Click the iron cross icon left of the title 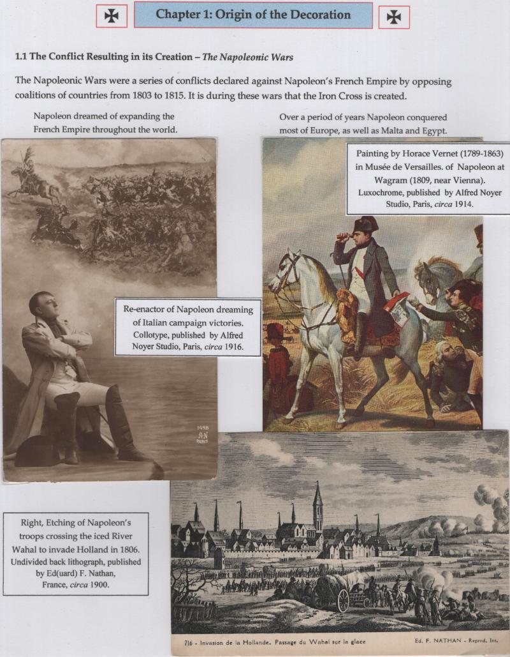click(x=112, y=17)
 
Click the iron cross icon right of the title click(x=394, y=17)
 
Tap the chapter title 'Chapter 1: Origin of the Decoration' click(x=253, y=14)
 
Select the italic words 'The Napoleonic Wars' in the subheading click(x=248, y=57)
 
